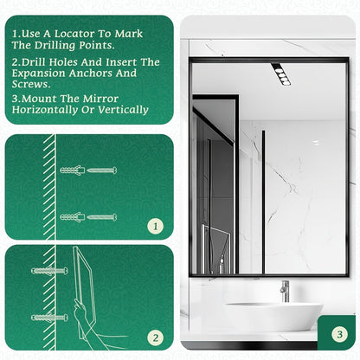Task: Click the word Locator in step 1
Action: click(74, 34)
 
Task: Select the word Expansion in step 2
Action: click(39, 74)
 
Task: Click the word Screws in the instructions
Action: click(31, 84)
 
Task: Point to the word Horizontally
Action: click(45, 110)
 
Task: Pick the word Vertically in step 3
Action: click(123, 110)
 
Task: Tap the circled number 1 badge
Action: click(156, 226)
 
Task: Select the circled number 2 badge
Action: click(156, 337)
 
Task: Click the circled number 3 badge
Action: click(339, 334)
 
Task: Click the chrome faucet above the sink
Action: click(285, 291)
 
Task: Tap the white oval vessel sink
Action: click(273, 316)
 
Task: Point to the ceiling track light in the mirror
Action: click(280, 74)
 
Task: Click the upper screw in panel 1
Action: click(102, 170)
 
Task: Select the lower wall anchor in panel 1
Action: click(73, 217)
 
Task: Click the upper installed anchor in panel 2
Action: click(49, 271)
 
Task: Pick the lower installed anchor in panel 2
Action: click(49, 318)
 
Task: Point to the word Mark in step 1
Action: click(129, 34)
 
